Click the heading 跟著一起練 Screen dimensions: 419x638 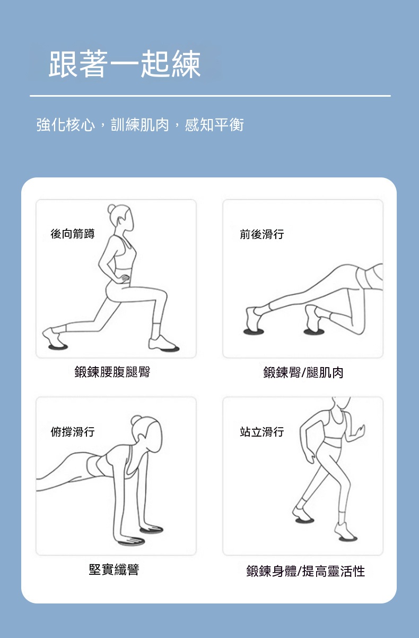pyautogui.click(x=125, y=64)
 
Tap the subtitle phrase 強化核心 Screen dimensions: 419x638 pyautogui.click(x=66, y=125)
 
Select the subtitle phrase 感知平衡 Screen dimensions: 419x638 pyautogui.click(x=214, y=125)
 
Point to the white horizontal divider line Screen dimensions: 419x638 pyautogui.click(x=210, y=96)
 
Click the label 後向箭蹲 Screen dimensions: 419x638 pyautogui.click(x=73, y=234)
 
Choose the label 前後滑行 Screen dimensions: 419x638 pyautogui.click(x=261, y=234)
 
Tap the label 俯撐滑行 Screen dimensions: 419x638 pyautogui.click(x=73, y=431)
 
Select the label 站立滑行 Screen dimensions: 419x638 pyautogui.click(x=261, y=432)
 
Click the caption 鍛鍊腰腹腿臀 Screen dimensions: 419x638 pyautogui.click(x=112, y=372)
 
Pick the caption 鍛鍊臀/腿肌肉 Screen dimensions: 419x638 pyautogui.click(x=303, y=372)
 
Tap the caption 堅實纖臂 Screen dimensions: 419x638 pyautogui.click(x=114, y=569)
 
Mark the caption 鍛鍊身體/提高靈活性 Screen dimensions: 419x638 pyautogui.click(x=305, y=571)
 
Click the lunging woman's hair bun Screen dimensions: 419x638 pyautogui.click(x=111, y=209)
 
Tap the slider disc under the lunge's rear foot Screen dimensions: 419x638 pyautogui.click(x=58, y=347)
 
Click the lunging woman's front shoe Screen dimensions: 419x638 pyautogui.click(x=161, y=343)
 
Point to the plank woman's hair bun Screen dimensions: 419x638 pyautogui.click(x=136, y=420)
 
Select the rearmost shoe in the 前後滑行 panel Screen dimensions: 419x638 pyautogui.click(x=253, y=319)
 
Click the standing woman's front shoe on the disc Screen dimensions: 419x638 pyautogui.click(x=344, y=530)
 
